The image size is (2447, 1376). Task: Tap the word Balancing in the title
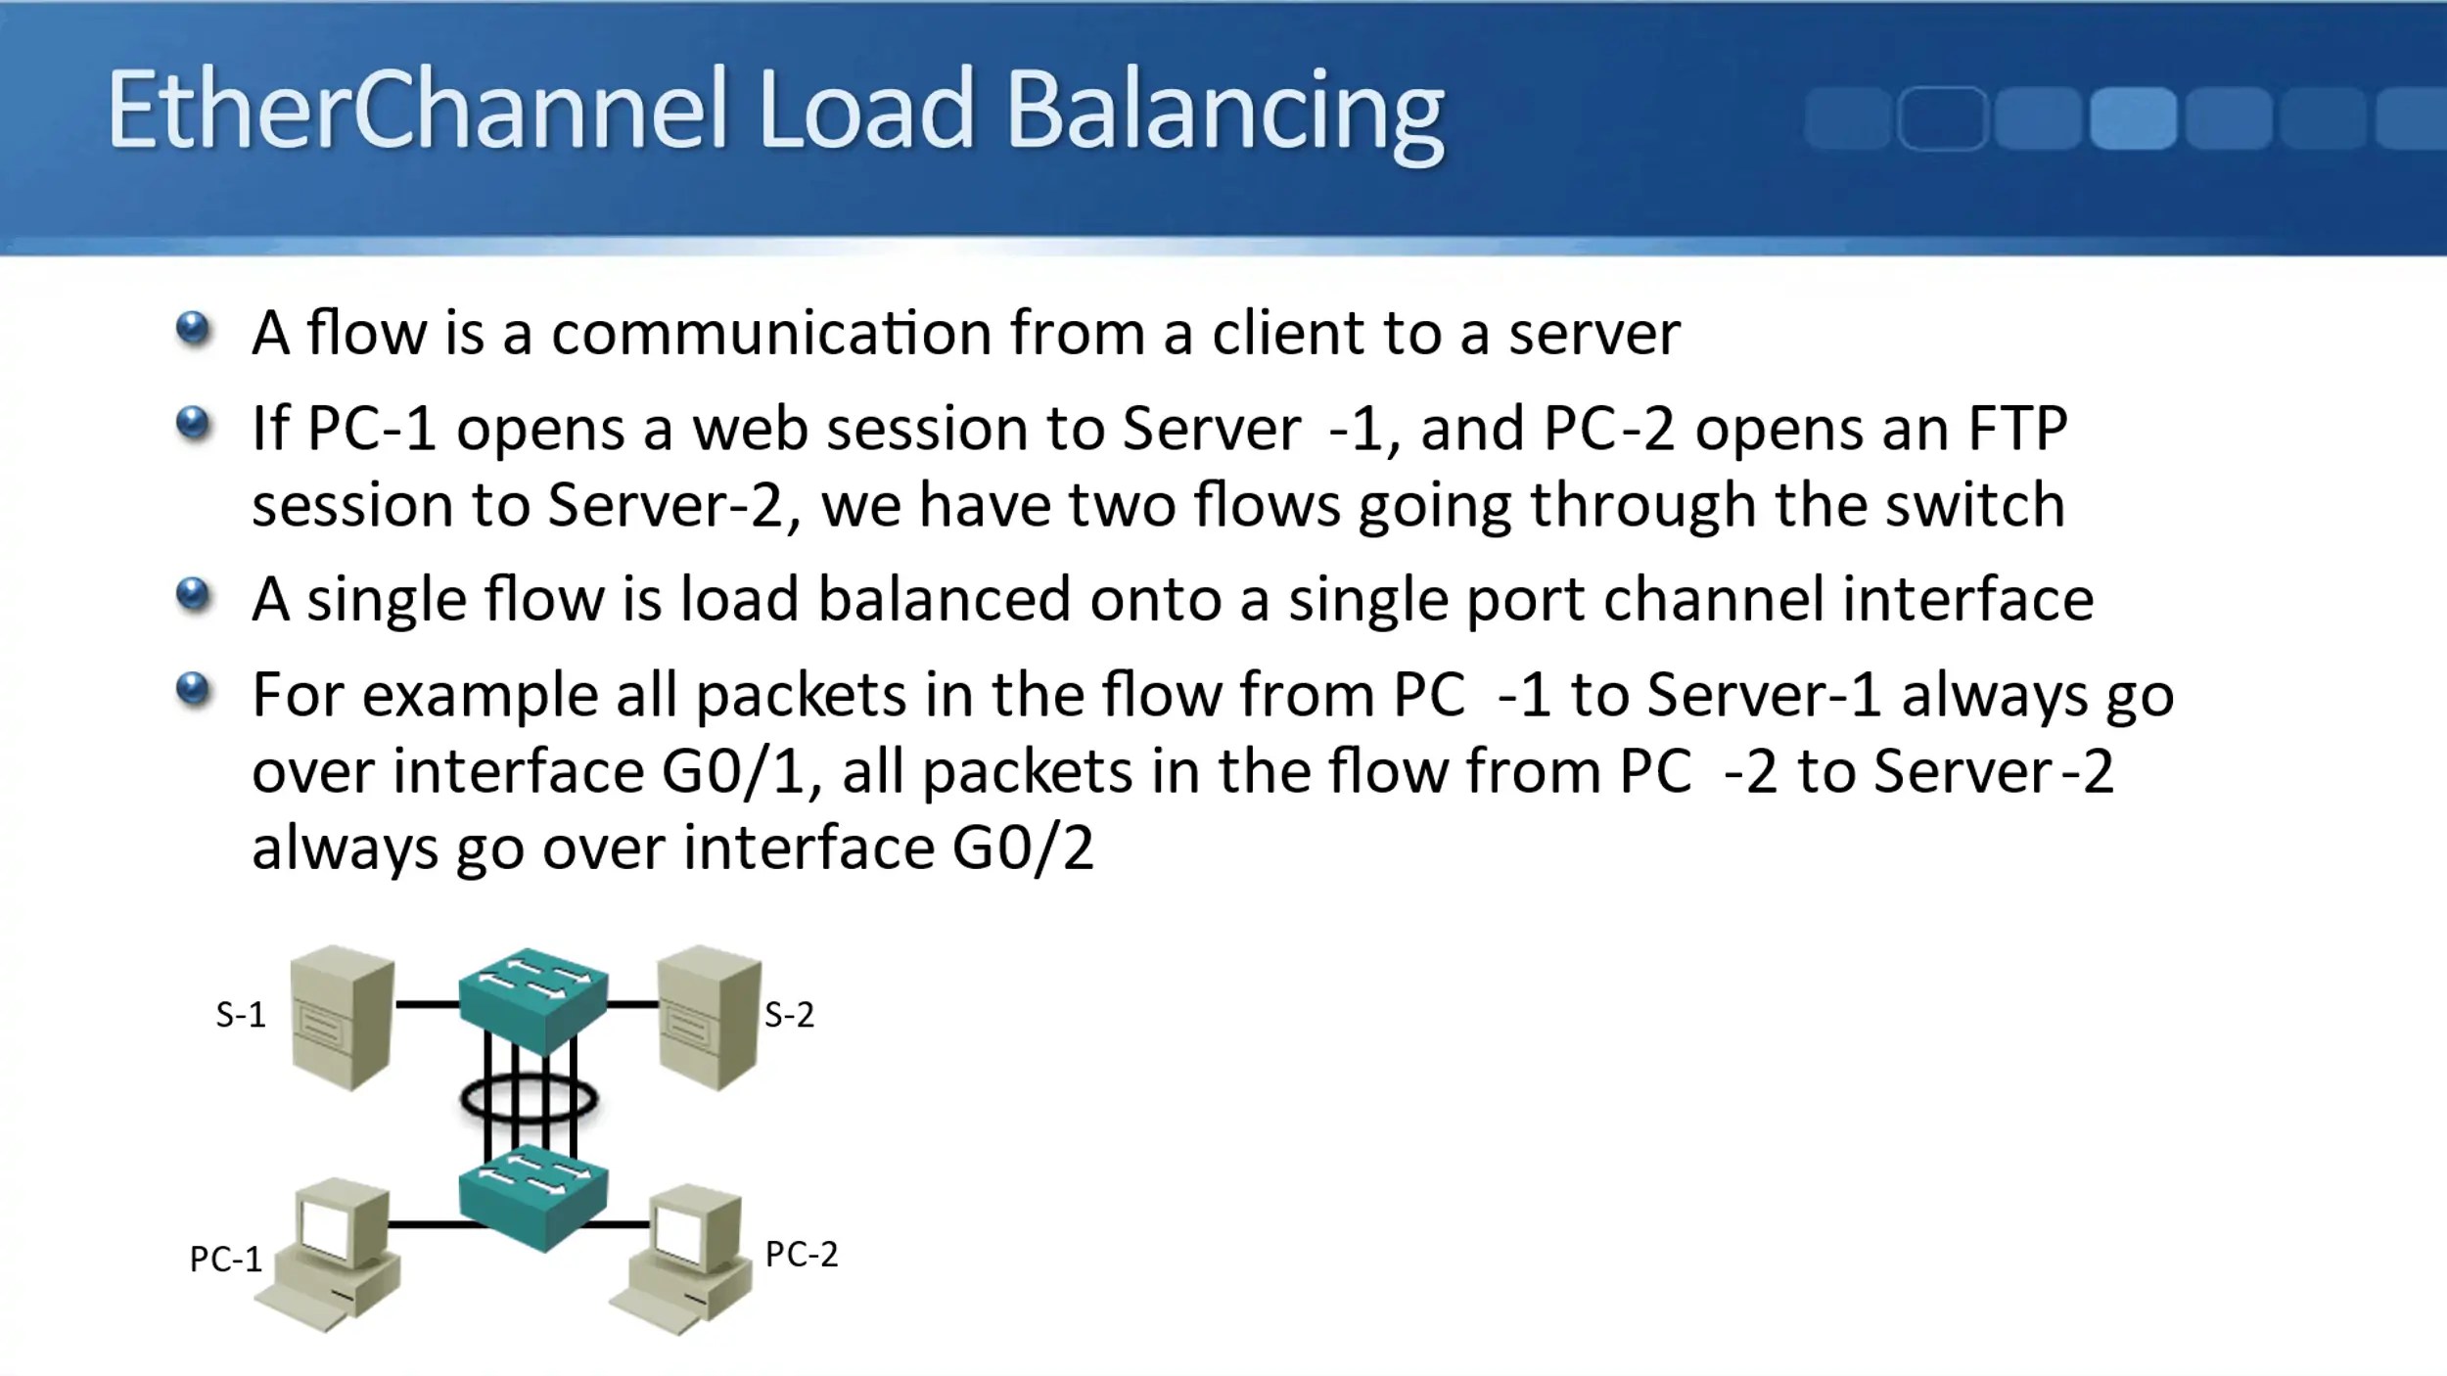tap(1224, 113)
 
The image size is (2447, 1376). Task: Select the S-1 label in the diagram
tap(241, 1015)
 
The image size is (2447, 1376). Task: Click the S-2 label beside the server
tap(789, 1015)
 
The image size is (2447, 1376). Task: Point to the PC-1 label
tap(226, 1260)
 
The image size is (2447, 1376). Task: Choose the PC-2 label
tap(802, 1255)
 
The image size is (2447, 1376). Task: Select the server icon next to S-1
tap(344, 1018)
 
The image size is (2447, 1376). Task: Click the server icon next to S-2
tap(710, 1018)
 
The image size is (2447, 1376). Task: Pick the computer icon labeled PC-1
tap(333, 1258)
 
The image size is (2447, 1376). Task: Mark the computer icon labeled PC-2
tap(685, 1258)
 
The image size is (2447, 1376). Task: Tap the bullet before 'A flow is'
tap(194, 329)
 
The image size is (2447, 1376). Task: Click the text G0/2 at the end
tap(1023, 848)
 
